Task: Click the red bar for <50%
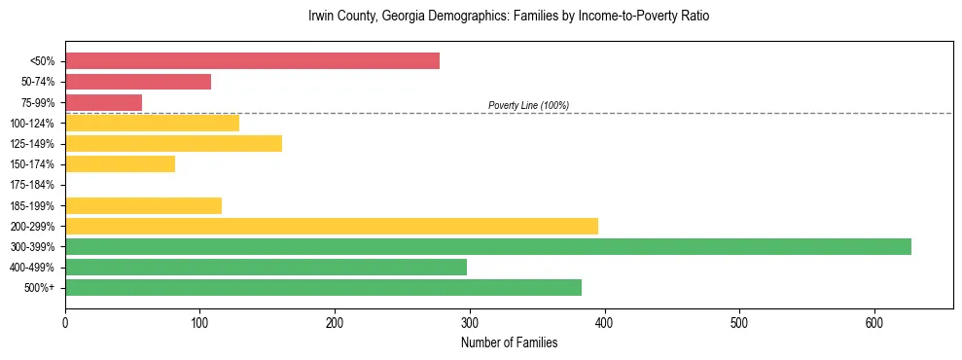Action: click(x=252, y=61)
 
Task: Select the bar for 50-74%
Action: click(x=138, y=82)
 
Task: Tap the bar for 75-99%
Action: click(x=103, y=102)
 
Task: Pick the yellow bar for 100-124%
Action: click(x=152, y=123)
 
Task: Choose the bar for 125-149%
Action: click(x=173, y=143)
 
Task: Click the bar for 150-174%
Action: click(x=120, y=164)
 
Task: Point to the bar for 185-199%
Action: click(x=143, y=205)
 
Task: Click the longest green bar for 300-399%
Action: click(x=488, y=246)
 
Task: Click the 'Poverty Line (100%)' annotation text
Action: click(x=528, y=105)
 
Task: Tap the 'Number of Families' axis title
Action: click(x=509, y=342)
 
